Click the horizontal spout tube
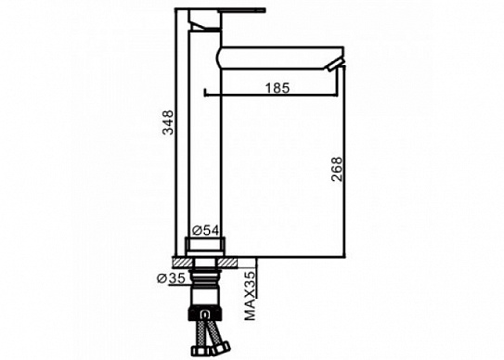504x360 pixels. click(x=278, y=58)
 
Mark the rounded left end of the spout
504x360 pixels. click(x=219, y=58)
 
